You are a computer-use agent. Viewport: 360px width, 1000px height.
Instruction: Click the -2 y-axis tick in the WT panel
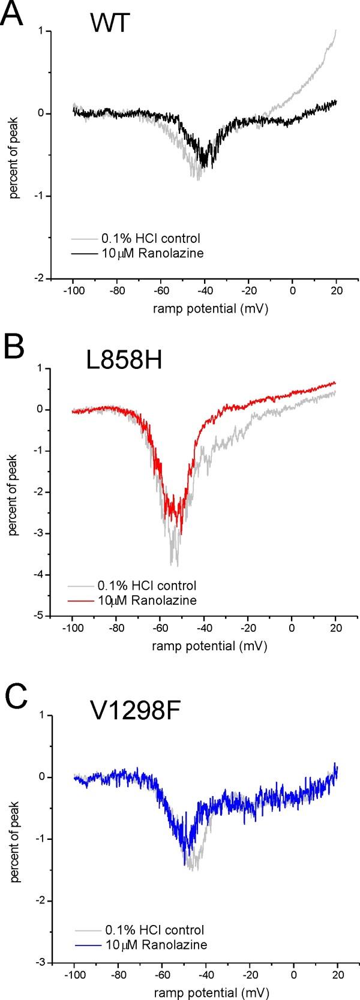41,278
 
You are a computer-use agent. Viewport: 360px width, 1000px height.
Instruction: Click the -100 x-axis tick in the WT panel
73,290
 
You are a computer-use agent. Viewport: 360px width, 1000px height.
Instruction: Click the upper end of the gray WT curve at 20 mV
335,30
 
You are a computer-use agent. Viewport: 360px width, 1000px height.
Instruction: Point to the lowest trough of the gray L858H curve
177,565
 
